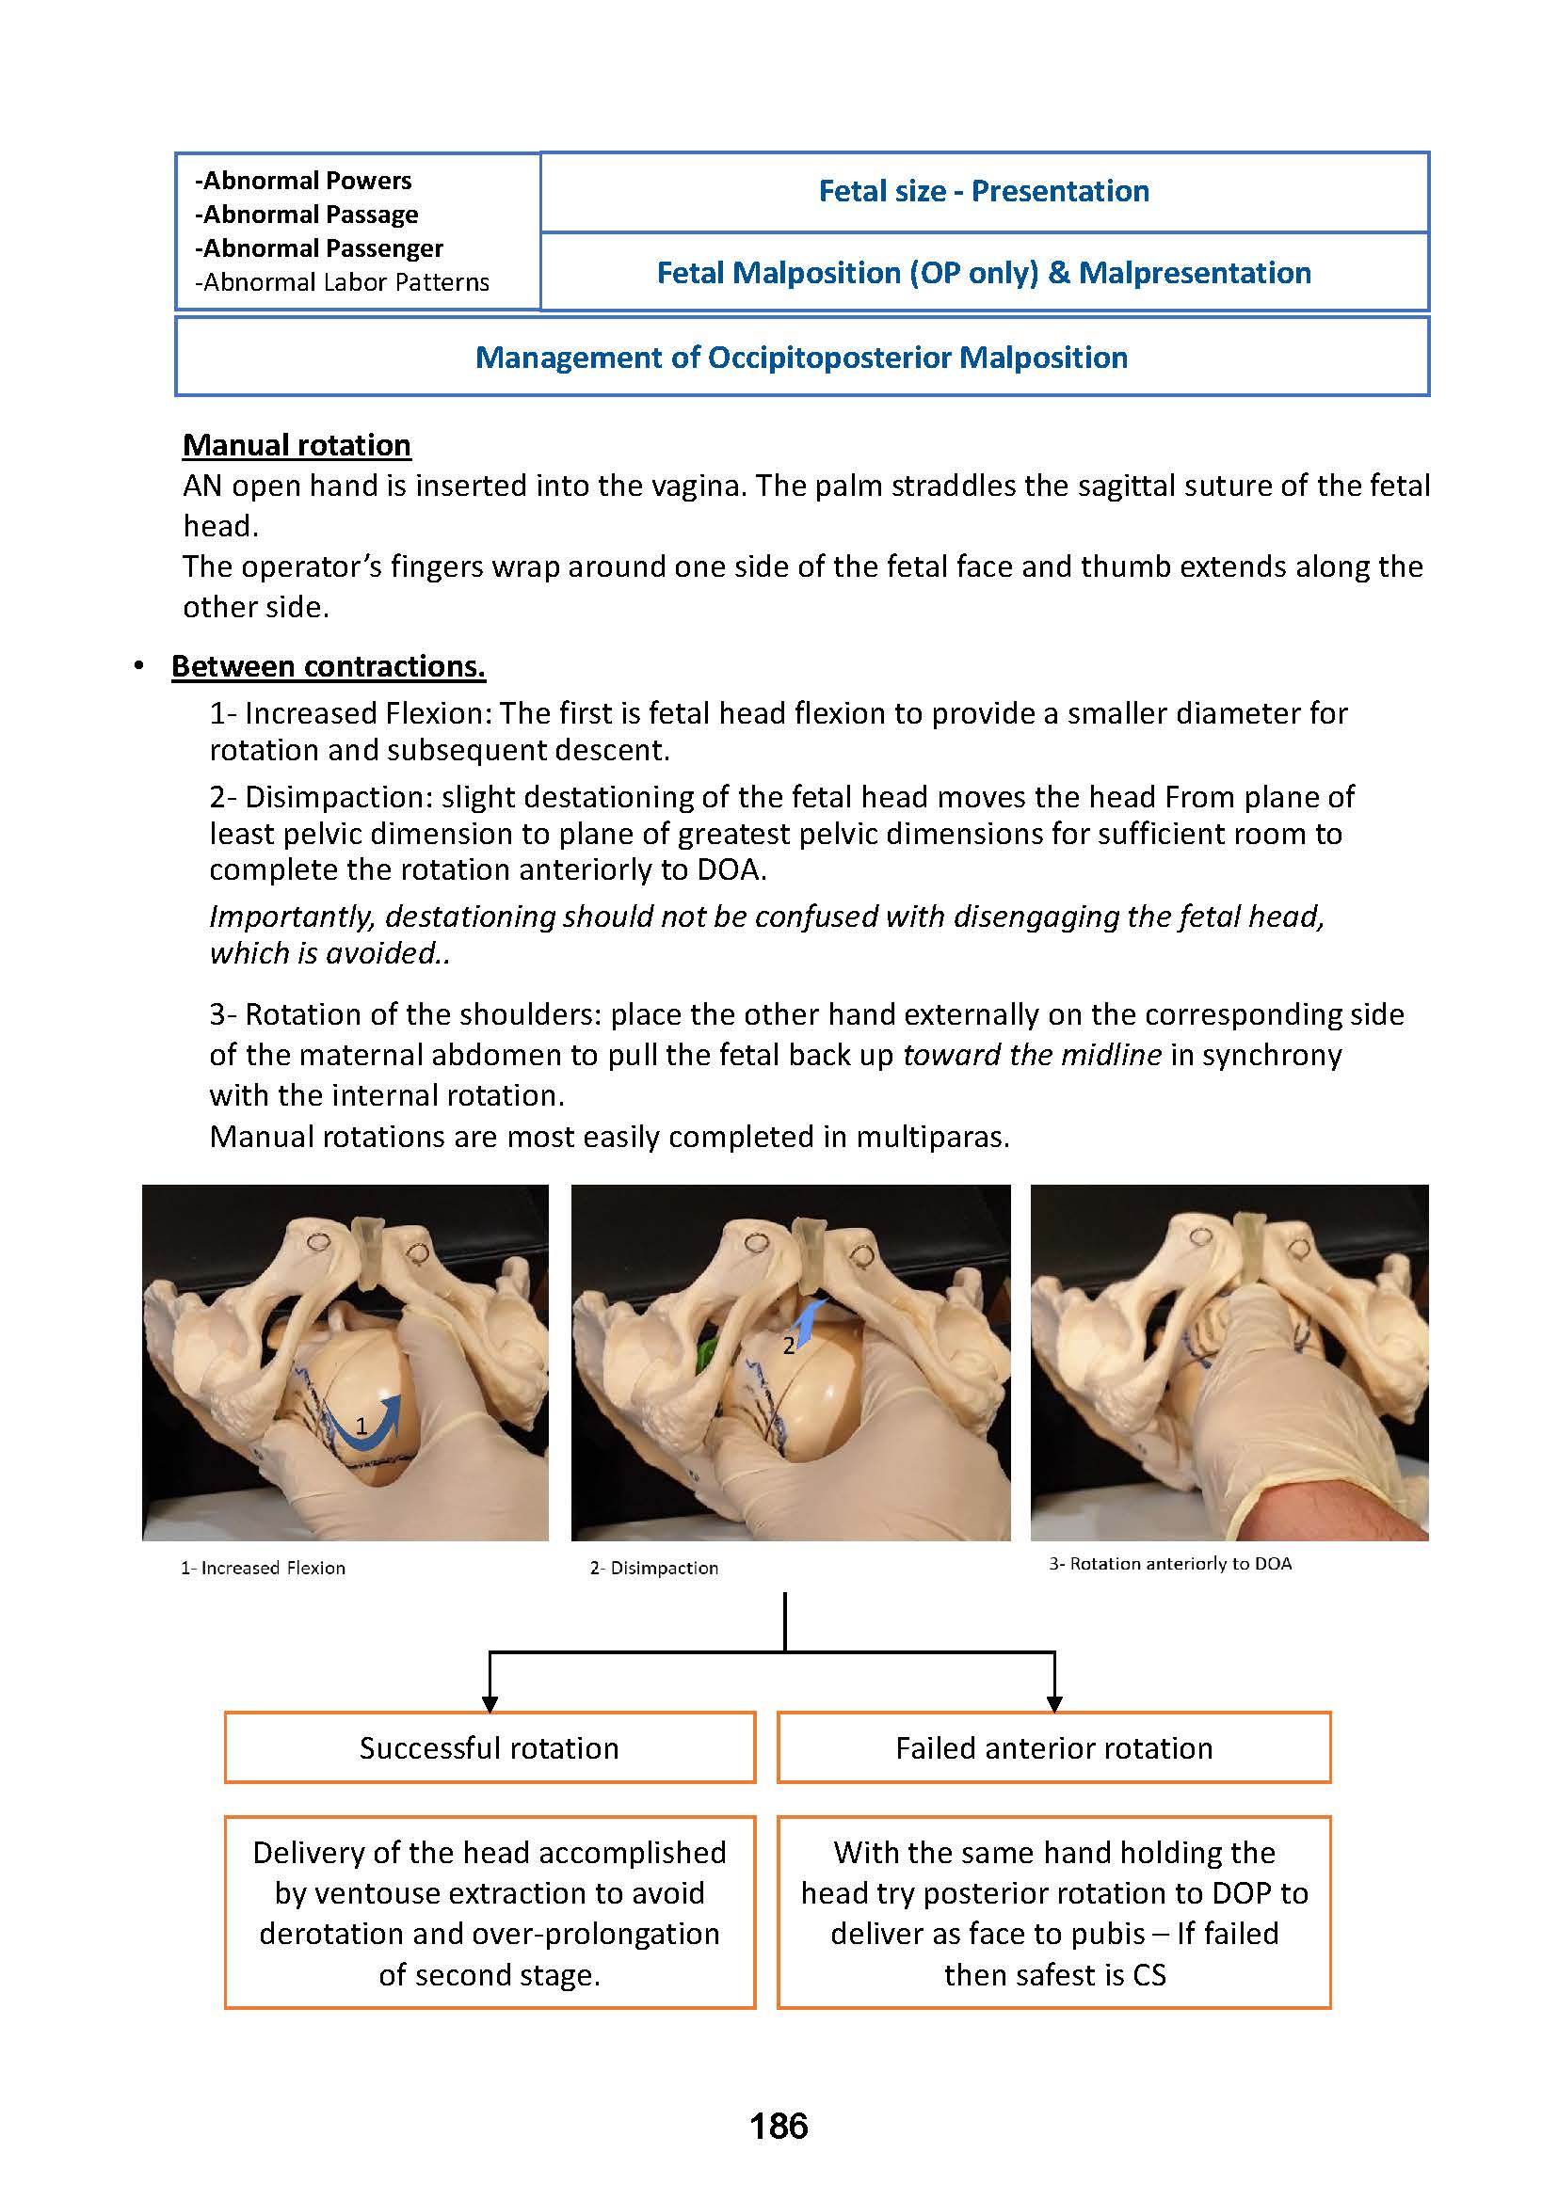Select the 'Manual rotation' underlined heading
click(297, 445)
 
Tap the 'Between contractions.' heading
click(329, 666)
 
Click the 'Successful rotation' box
click(490, 1747)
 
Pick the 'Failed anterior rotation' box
click(1053, 1747)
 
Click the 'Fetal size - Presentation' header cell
click(984, 192)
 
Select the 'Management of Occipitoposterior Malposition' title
click(801, 358)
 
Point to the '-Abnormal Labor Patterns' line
click(342, 283)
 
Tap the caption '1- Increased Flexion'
click(263, 1568)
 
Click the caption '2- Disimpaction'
click(653, 1568)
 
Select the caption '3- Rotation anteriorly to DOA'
click(1169, 1564)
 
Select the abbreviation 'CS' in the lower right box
click(1148, 1974)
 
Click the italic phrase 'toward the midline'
click(1033, 1055)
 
